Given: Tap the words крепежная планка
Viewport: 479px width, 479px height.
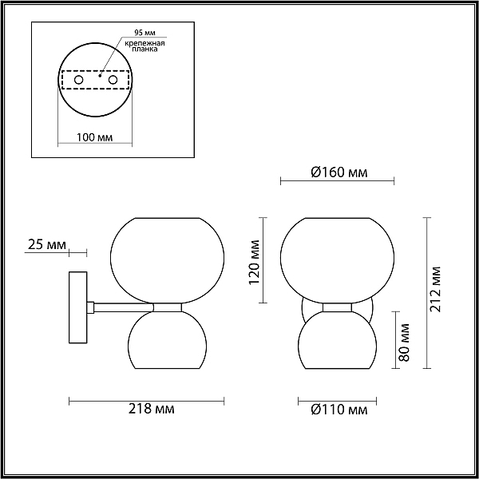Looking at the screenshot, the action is pos(144,46).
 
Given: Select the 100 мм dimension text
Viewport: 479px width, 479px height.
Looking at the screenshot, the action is pos(94,137).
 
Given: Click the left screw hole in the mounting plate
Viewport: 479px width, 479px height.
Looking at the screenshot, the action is pos(78,80).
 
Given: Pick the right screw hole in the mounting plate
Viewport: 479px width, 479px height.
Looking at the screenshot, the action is pos(113,80).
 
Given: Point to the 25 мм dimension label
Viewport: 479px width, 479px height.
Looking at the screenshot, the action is pos(47,245).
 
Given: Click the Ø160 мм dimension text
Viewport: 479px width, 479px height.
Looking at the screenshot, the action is pos(339,172).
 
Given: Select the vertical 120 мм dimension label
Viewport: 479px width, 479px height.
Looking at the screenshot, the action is pos(254,263).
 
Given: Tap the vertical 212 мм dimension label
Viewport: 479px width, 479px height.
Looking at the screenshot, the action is pos(435,289).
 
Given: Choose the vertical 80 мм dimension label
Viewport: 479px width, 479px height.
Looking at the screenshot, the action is pos(404,342).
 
